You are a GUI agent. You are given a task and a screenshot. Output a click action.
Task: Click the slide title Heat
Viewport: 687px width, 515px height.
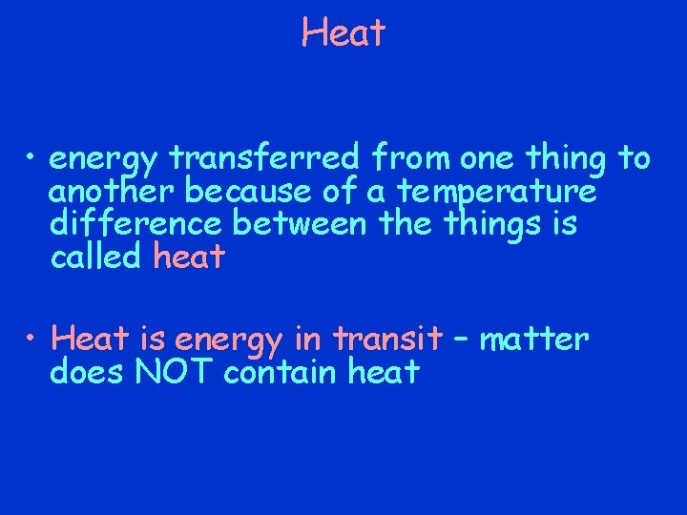(x=343, y=33)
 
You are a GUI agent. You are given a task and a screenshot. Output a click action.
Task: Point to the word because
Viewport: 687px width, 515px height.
(x=243, y=192)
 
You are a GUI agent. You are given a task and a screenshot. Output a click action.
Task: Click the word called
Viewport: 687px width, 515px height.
(x=94, y=257)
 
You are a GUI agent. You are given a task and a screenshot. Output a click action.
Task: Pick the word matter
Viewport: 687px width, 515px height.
(x=534, y=339)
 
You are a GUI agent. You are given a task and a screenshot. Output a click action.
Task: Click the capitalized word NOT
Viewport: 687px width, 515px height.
(x=176, y=372)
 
